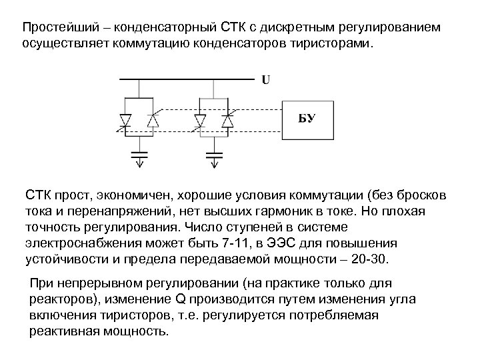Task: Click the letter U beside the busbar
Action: [265, 81]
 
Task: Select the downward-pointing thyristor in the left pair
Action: [125, 120]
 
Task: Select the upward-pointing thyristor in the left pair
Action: [152, 120]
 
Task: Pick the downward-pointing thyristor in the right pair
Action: [200, 120]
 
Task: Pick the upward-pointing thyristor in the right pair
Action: [227, 120]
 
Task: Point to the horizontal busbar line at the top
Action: [187, 79]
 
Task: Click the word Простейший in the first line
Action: [61, 28]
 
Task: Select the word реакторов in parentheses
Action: [61, 299]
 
